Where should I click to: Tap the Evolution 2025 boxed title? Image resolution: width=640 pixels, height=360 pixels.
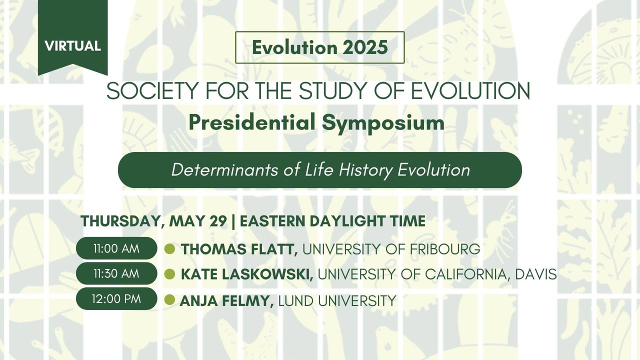pyautogui.click(x=320, y=47)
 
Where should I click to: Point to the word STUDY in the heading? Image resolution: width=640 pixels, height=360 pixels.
pyautogui.click(x=334, y=91)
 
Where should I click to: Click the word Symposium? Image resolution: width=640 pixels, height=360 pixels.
pyautogui.click(x=383, y=123)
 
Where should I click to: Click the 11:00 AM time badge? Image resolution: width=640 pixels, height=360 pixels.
pyautogui.click(x=116, y=248)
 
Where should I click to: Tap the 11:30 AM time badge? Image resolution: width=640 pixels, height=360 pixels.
pyautogui.click(x=116, y=273)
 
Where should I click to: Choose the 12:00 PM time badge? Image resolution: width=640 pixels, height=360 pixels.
pyautogui.click(x=116, y=299)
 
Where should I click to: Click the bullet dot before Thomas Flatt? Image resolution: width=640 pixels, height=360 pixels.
pyautogui.click(x=169, y=249)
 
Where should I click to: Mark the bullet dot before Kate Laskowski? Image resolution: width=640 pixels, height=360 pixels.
pyautogui.click(x=169, y=274)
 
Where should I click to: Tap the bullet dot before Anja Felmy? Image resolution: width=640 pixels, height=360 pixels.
pyautogui.click(x=169, y=299)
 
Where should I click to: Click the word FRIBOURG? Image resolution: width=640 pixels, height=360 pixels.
pyautogui.click(x=445, y=249)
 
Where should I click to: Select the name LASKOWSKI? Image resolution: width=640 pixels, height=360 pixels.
pyautogui.click(x=267, y=274)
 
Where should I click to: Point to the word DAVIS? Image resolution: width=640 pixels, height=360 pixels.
pyautogui.click(x=536, y=274)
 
